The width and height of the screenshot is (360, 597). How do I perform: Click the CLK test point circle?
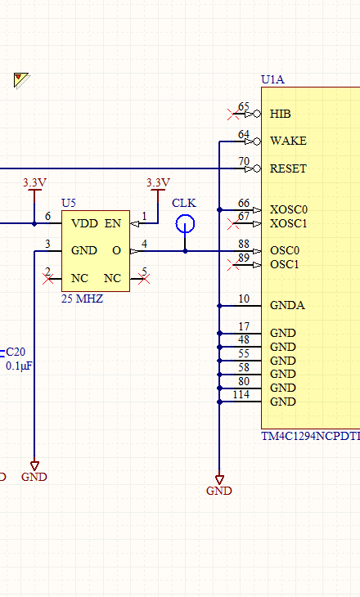(185, 216)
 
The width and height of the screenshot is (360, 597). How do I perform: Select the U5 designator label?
(69, 203)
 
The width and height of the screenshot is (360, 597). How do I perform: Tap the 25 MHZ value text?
(83, 298)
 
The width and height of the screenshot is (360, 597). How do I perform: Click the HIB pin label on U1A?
(281, 114)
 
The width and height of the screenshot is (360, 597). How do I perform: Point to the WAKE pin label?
(288, 141)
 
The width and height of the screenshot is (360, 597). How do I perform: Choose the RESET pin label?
(288, 168)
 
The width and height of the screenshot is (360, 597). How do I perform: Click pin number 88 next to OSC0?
(244, 244)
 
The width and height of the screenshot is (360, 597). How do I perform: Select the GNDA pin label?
(288, 305)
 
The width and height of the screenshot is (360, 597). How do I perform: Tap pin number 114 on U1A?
(241, 394)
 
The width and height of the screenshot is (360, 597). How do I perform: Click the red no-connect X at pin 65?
(232, 114)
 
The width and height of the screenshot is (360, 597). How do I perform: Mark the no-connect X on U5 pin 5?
(144, 279)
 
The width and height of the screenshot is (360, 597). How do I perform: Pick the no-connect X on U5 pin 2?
(48, 279)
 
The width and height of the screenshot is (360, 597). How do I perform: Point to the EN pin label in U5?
(113, 223)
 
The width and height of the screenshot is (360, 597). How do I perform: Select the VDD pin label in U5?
(84, 223)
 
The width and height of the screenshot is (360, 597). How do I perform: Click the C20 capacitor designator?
(16, 352)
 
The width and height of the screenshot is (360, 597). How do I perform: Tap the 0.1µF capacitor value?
(19, 366)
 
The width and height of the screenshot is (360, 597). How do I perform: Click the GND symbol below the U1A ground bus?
(219, 486)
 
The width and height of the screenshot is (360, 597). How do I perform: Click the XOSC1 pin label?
(289, 223)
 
